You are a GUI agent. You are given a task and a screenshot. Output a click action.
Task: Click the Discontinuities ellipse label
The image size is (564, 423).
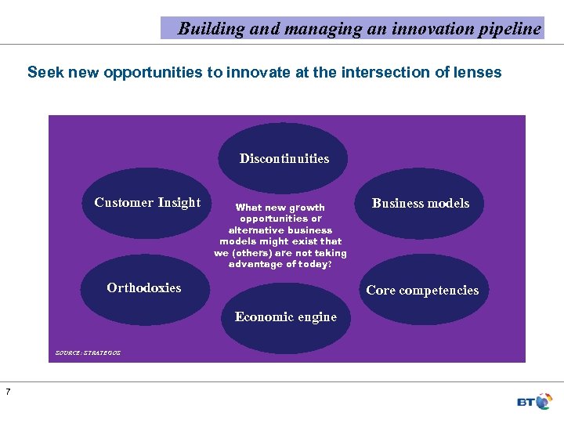tap(284, 158)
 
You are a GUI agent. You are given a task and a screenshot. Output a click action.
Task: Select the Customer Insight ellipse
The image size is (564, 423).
tap(147, 203)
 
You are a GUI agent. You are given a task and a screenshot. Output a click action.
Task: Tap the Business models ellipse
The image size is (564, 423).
tap(421, 204)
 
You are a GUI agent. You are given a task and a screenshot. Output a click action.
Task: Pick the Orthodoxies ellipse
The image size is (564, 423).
tap(144, 287)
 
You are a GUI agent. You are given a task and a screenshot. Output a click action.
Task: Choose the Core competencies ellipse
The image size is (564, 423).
tap(422, 290)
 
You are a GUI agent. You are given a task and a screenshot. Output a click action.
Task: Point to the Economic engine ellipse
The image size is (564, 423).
tap(286, 317)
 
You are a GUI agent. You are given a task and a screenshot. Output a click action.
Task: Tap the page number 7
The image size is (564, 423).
tap(8, 392)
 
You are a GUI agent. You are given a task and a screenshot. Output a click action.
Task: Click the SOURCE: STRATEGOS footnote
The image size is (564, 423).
tap(88, 353)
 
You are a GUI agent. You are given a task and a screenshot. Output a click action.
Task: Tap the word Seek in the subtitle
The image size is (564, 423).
tap(43, 73)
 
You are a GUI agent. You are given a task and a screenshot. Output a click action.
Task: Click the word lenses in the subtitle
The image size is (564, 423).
tap(479, 73)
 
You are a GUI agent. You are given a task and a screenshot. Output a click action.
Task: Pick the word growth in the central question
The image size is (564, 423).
tap(307, 208)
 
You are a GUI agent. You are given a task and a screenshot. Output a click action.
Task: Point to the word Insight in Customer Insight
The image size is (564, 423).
tap(179, 203)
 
